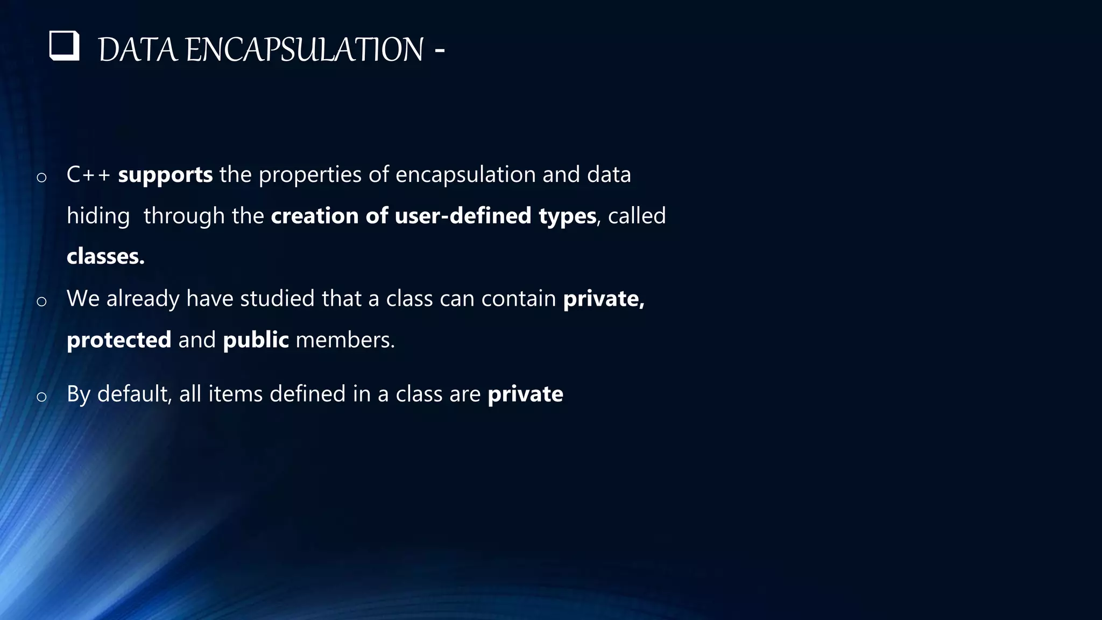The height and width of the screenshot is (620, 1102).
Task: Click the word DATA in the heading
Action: click(x=138, y=50)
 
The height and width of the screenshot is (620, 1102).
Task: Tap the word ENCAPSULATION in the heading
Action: click(x=305, y=50)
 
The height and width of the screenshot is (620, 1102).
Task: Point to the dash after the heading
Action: click(x=439, y=50)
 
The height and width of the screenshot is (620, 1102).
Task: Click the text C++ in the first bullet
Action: click(x=88, y=175)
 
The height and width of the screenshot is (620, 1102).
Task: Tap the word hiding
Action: click(x=98, y=216)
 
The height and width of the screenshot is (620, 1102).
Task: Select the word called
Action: click(x=637, y=216)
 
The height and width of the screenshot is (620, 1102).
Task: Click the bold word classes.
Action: click(x=105, y=257)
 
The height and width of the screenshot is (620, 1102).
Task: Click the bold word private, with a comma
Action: click(x=603, y=299)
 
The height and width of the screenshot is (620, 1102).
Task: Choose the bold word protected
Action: click(x=119, y=340)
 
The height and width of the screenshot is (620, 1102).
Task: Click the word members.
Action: click(x=345, y=340)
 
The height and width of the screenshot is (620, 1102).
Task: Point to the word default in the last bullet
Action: click(x=135, y=394)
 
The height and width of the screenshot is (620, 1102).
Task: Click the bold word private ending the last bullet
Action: click(x=525, y=394)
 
